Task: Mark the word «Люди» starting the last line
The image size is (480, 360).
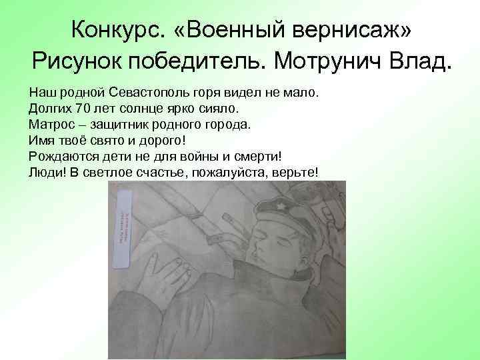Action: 45,172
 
